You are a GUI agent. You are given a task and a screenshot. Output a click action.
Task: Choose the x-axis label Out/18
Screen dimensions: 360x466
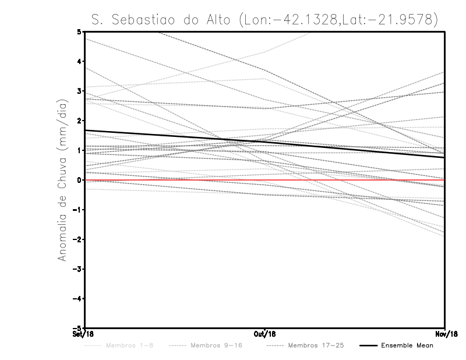(265, 335)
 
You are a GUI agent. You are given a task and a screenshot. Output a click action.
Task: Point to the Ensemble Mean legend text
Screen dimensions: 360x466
(407, 346)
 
